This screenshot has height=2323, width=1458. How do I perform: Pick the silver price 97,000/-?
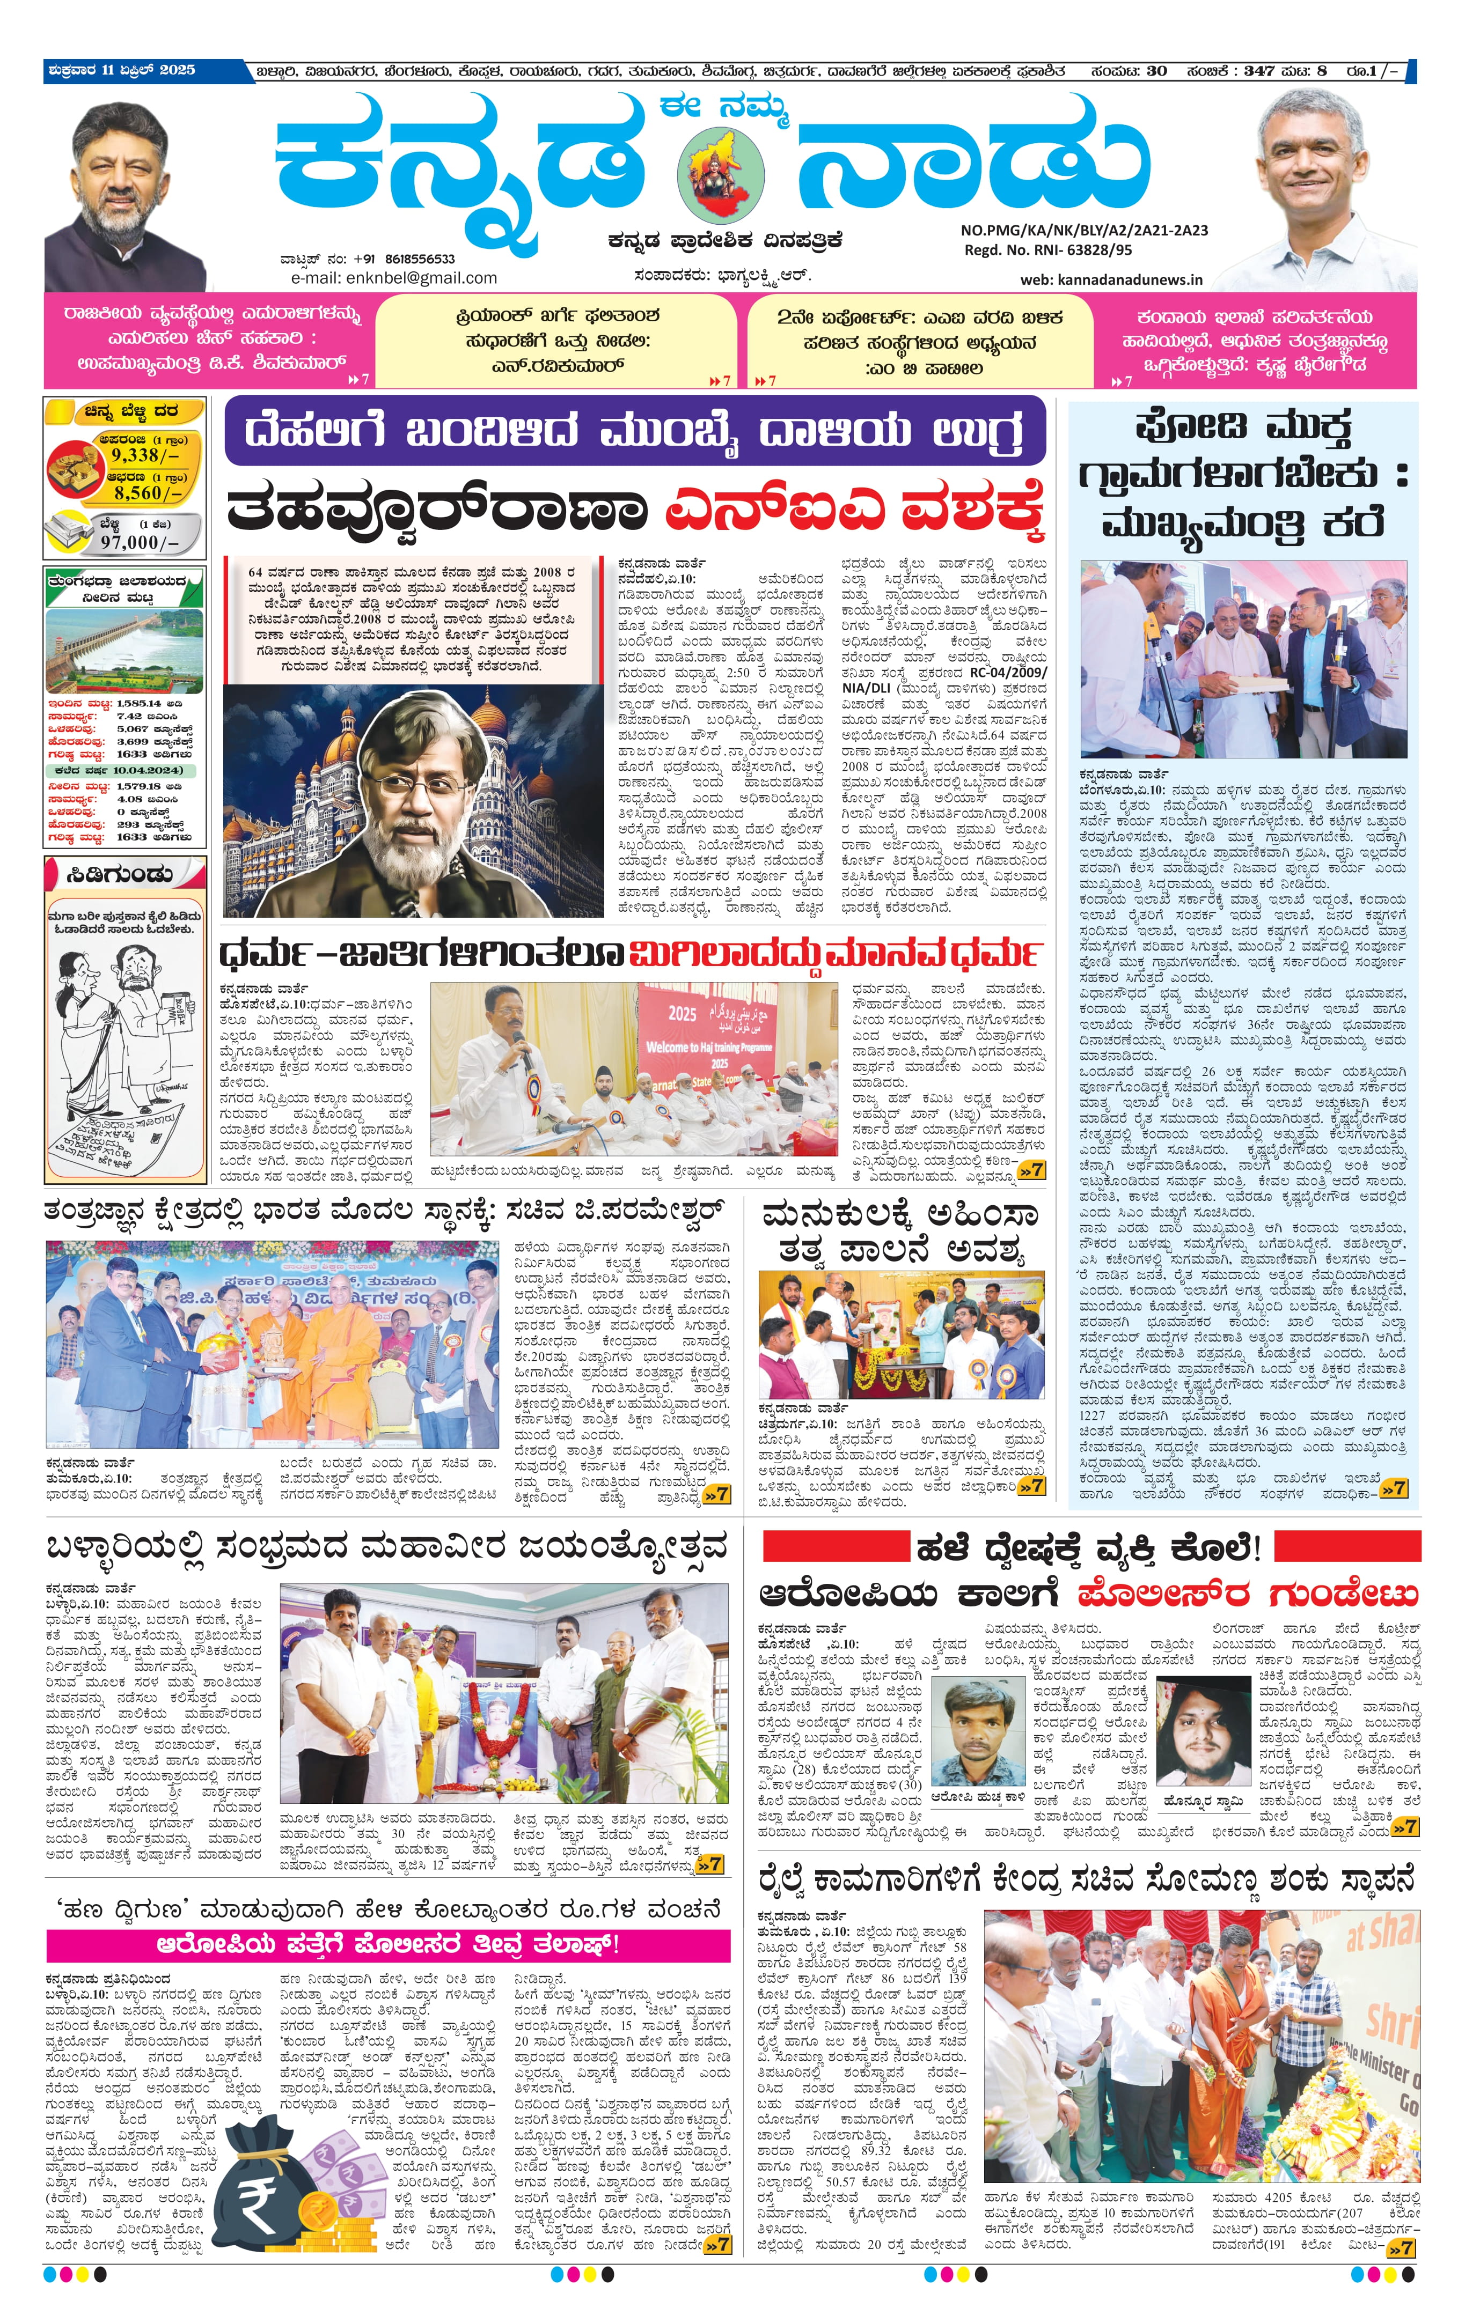(x=140, y=542)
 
